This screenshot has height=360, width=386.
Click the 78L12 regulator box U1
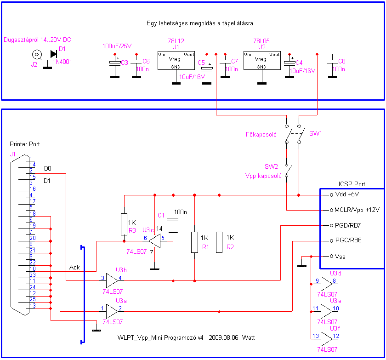(176, 60)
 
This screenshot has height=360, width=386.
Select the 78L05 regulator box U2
(261, 60)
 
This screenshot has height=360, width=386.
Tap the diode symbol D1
(54, 54)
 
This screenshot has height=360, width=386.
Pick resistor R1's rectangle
(195, 242)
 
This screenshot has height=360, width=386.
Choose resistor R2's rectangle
(219, 242)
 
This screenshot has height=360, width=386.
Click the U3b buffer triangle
(112, 279)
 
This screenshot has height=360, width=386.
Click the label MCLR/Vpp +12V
(357, 211)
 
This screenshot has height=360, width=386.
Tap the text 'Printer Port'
(25, 144)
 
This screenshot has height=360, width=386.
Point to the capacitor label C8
(341, 61)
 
